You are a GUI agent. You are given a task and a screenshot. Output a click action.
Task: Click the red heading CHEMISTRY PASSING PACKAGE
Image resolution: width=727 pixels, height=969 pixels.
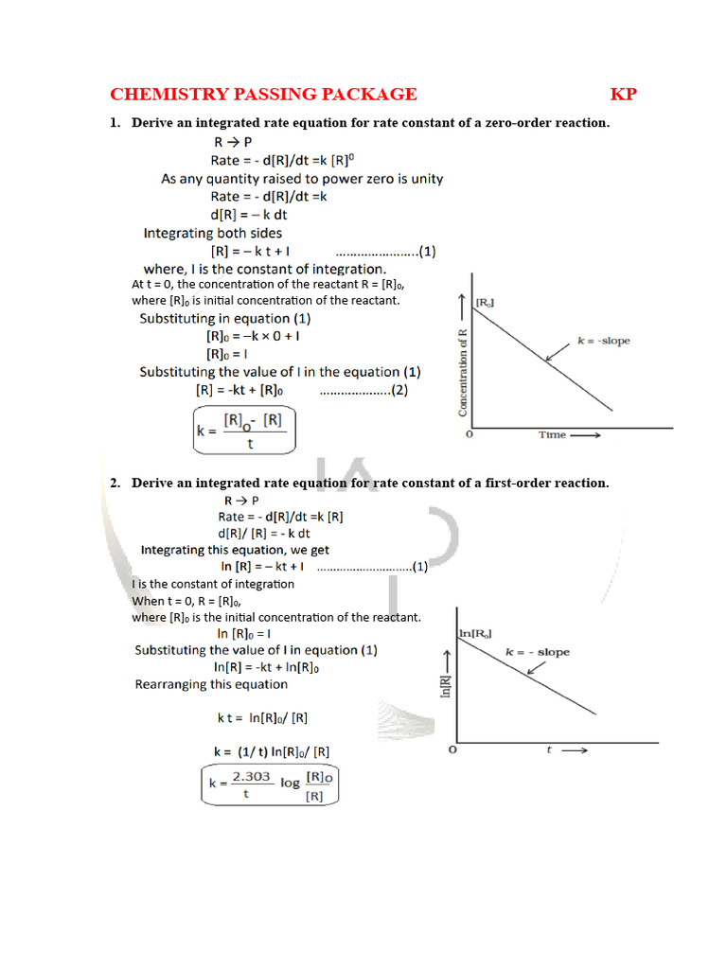pyautogui.click(x=263, y=94)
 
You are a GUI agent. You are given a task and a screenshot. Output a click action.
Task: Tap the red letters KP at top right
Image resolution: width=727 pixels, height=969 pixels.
pyautogui.click(x=623, y=94)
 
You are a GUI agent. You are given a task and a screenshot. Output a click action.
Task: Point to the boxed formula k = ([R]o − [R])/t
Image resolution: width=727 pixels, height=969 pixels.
pyautogui.click(x=244, y=431)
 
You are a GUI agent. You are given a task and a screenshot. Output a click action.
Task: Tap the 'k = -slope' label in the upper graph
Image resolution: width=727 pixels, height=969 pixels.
pyautogui.click(x=603, y=341)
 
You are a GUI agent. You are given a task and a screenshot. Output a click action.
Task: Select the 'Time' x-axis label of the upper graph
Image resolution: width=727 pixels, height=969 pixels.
pyautogui.click(x=553, y=435)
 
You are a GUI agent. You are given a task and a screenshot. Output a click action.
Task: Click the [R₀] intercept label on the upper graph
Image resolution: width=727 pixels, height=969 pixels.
pyautogui.click(x=485, y=302)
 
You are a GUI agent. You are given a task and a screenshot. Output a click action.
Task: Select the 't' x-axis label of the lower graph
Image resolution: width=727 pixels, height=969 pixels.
pyautogui.click(x=549, y=750)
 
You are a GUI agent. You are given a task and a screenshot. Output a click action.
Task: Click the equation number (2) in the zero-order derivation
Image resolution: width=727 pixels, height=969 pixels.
pyautogui.click(x=399, y=390)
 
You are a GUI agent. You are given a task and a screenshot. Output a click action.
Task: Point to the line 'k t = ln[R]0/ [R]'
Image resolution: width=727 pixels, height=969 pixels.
pyautogui.click(x=262, y=718)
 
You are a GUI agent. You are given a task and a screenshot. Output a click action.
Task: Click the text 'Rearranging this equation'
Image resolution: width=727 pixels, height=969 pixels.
pyautogui.click(x=211, y=684)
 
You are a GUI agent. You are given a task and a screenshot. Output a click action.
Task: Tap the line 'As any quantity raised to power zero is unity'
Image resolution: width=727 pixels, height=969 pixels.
pyautogui.click(x=302, y=179)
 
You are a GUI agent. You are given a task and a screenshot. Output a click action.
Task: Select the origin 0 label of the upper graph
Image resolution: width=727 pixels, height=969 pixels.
pyautogui.click(x=470, y=435)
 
